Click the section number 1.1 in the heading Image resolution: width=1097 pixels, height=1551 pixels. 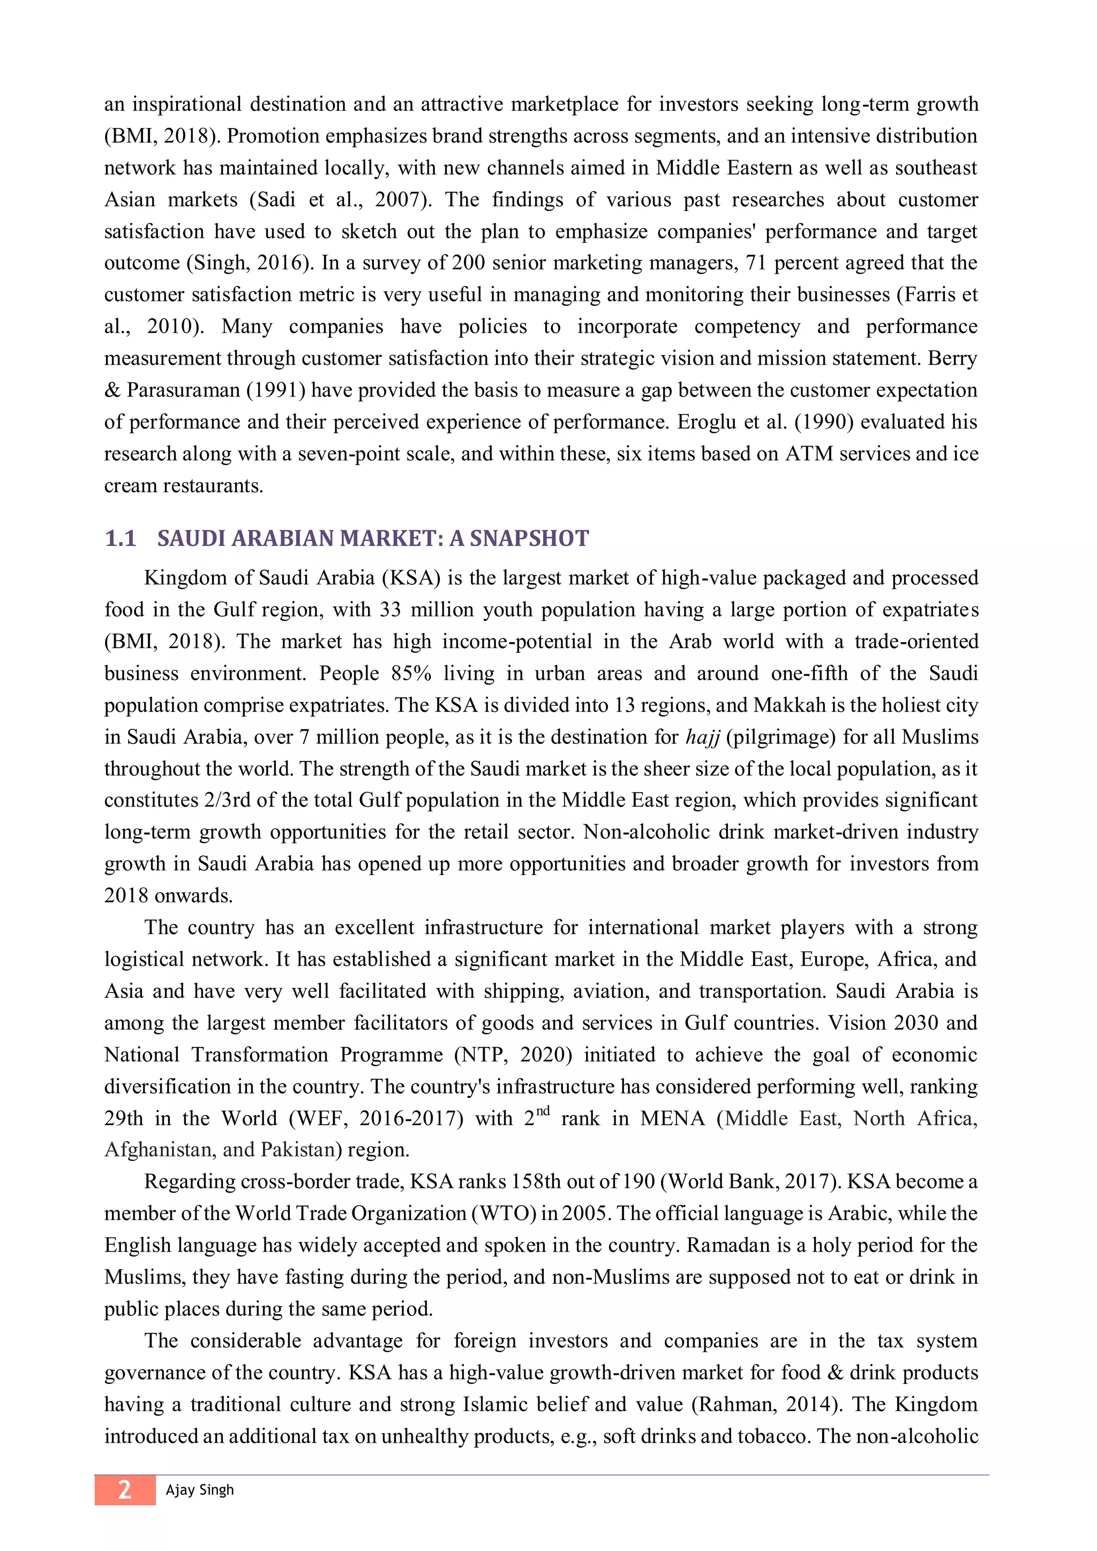coord(120,538)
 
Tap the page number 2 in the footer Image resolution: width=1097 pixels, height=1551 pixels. coord(124,1489)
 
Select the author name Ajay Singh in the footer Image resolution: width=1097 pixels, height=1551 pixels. coord(199,1489)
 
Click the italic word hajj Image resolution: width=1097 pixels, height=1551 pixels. coord(703,736)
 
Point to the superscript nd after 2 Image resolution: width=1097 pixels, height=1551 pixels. coord(543,1111)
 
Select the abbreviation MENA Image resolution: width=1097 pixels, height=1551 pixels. coord(672,1119)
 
